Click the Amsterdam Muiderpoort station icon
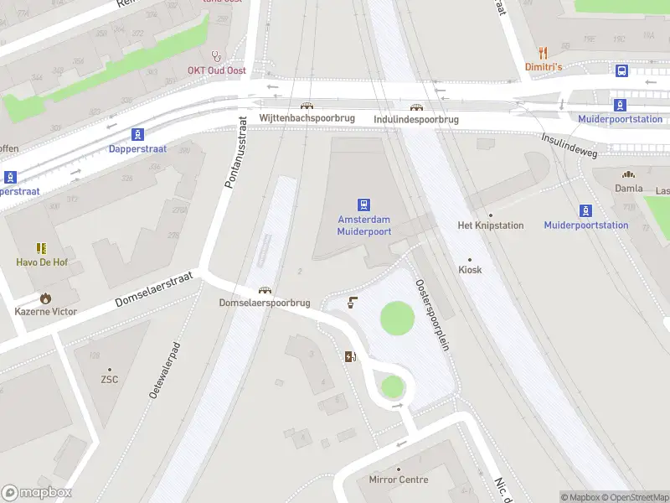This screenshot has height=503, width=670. pyautogui.click(x=363, y=205)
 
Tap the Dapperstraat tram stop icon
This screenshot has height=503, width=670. pyautogui.click(x=137, y=134)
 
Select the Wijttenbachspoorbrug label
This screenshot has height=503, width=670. pyautogui.click(x=307, y=119)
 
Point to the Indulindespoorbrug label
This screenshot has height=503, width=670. pyautogui.click(x=416, y=119)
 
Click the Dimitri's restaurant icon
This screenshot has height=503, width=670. pyautogui.click(x=543, y=51)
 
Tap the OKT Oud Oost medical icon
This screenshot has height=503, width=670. pyautogui.click(x=217, y=56)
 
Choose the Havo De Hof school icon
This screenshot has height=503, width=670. pyautogui.click(x=41, y=248)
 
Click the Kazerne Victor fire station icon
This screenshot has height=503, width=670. pyautogui.click(x=45, y=298)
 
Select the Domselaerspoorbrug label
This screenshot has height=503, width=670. pyautogui.click(x=265, y=302)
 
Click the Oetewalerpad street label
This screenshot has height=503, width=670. pyautogui.click(x=165, y=369)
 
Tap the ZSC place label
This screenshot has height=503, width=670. pyautogui.click(x=109, y=379)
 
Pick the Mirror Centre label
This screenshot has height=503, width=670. pyautogui.click(x=399, y=480)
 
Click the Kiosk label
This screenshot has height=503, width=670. pyautogui.click(x=470, y=270)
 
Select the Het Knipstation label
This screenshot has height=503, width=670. pyautogui.click(x=490, y=226)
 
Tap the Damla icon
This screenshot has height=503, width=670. pyautogui.click(x=628, y=175)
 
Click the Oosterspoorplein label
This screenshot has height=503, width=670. pyautogui.click(x=432, y=314)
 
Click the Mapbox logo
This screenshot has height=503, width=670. pyautogui.click(x=36, y=493)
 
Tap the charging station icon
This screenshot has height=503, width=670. pyautogui.click(x=350, y=356)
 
